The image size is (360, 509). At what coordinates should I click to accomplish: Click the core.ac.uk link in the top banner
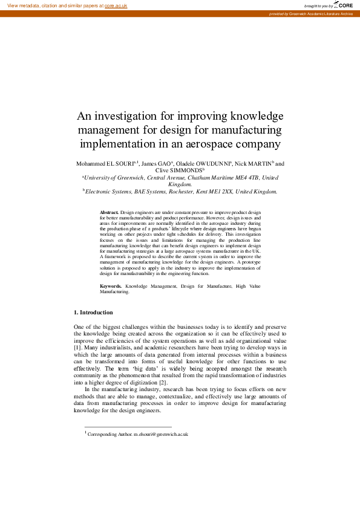116,5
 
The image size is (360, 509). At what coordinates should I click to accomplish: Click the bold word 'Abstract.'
109,213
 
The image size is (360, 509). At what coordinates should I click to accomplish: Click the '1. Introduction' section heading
93,313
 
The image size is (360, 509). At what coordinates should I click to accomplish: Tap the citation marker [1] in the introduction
77,348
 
